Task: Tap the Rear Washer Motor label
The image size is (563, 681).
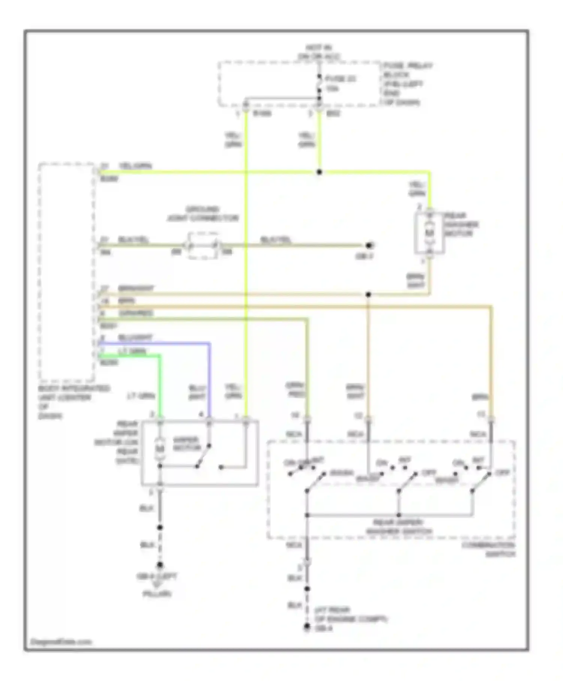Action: point(461,224)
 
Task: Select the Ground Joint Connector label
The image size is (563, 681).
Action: point(203,214)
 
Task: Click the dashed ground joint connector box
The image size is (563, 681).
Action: point(203,246)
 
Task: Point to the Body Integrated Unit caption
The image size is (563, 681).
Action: point(73,402)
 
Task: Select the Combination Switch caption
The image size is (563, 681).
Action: point(488,549)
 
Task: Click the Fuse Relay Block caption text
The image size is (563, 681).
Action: point(407,84)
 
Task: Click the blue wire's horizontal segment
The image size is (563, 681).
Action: point(154,343)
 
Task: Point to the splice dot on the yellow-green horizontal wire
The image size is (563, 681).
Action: point(319,172)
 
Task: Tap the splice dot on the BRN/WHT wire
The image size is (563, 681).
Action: point(368,295)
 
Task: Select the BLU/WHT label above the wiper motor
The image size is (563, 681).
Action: point(197,391)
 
